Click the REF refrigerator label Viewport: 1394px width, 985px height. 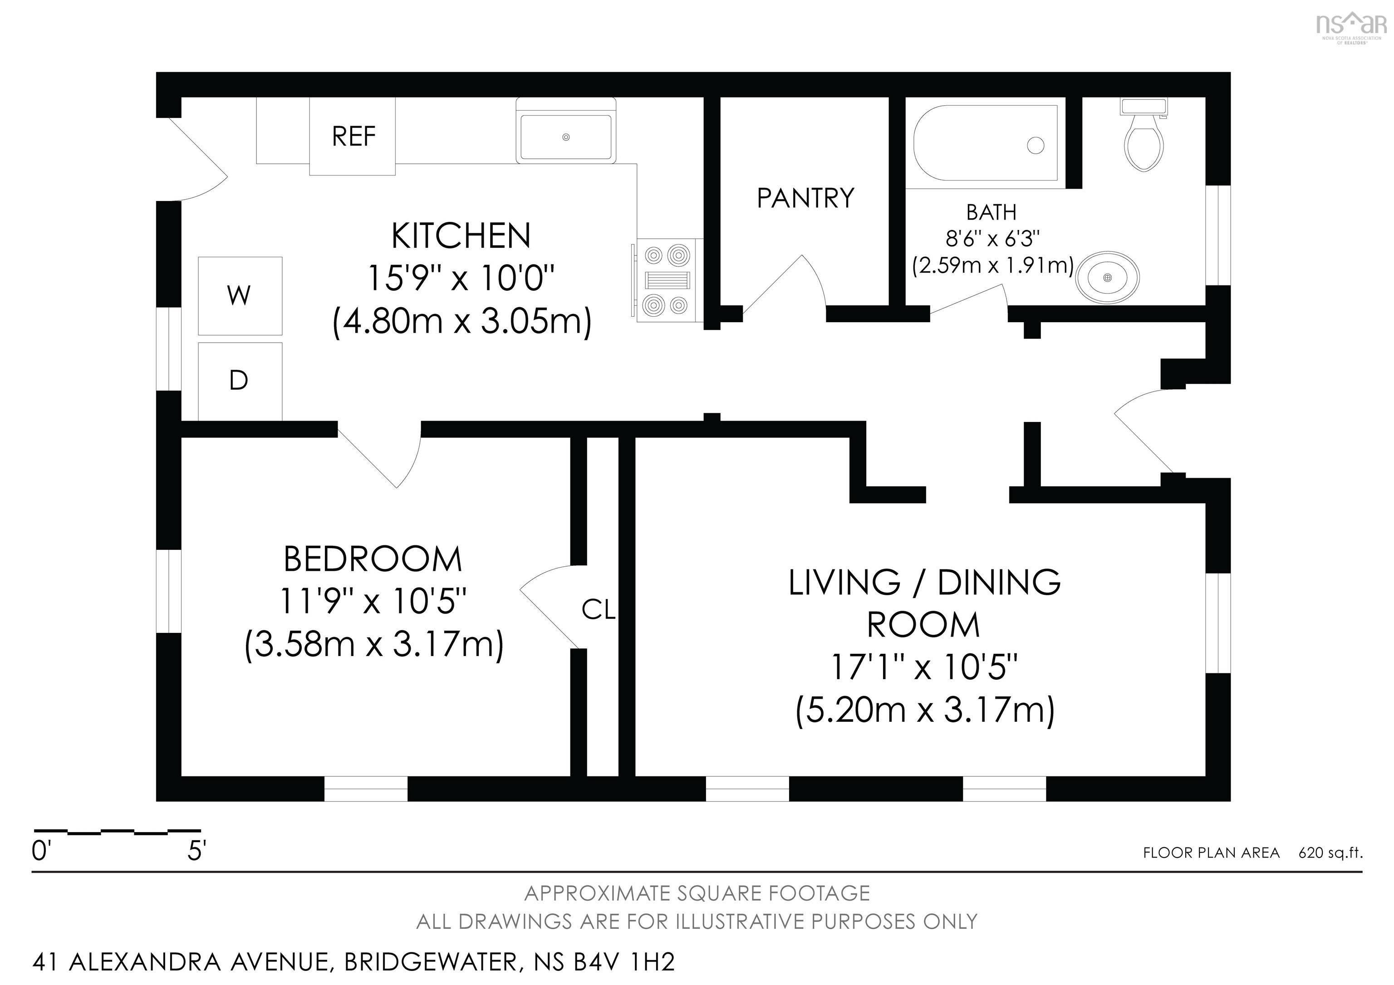(353, 137)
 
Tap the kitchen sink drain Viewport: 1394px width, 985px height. (566, 137)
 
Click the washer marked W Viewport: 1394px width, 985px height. (240, 295)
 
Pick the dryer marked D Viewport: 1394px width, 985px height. (240, 381)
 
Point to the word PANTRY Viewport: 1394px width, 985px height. (805, 198)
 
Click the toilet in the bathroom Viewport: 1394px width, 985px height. (1143, 135)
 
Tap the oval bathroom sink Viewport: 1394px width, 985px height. (1107, 277)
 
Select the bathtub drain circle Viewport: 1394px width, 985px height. (1036, 146)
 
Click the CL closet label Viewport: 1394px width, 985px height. (599, 610)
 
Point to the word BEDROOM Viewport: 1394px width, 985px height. (373, 559)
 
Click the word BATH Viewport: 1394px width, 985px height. (992, 212)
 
